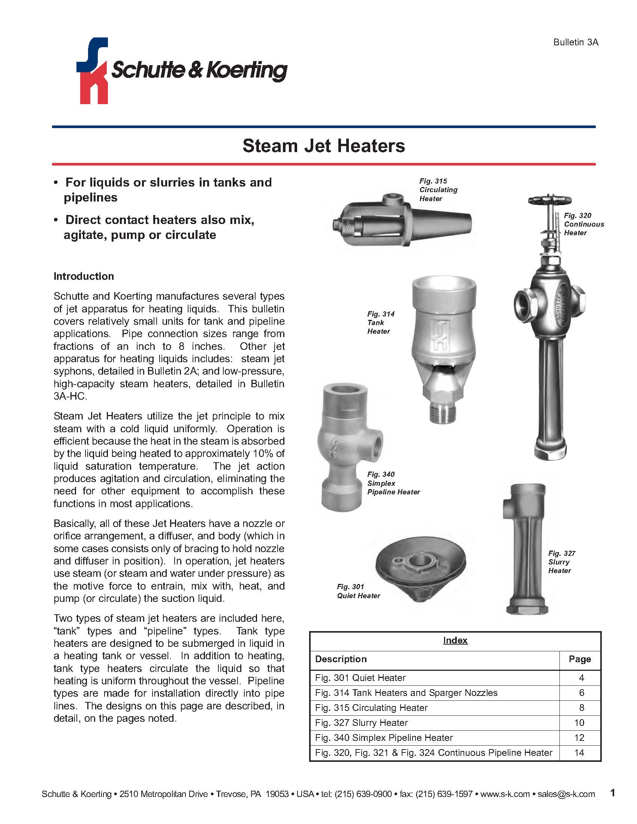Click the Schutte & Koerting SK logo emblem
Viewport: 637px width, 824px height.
(93, 70)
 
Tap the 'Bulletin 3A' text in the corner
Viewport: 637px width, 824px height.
(576, 42)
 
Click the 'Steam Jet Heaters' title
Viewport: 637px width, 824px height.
(323, 146)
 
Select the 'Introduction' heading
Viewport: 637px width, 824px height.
(84, 276)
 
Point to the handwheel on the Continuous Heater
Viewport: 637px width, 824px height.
(550, 200)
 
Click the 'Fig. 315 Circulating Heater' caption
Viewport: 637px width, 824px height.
(438, 190)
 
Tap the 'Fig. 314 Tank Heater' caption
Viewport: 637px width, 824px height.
(381, 322)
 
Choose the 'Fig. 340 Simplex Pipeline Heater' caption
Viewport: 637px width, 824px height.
(393, 483)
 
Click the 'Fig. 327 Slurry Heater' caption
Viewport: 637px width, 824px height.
(562, 562)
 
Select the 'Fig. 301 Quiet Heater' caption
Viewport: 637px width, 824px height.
(358, 591)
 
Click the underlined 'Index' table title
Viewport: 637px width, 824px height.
(455, 640)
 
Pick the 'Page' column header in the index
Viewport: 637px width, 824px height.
(580, 659)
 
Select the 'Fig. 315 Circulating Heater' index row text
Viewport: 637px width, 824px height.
(371, 708)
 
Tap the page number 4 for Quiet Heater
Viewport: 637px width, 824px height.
(581, 678)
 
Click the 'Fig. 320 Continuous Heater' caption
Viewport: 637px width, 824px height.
(583, 224)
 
